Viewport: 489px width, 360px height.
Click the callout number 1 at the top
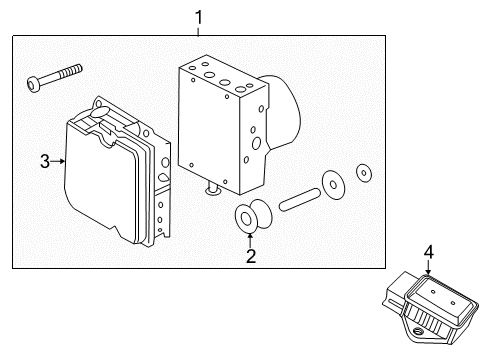198,16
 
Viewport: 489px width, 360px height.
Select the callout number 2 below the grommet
251,256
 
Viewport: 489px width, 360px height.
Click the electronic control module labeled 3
105,180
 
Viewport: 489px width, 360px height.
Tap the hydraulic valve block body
220,125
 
